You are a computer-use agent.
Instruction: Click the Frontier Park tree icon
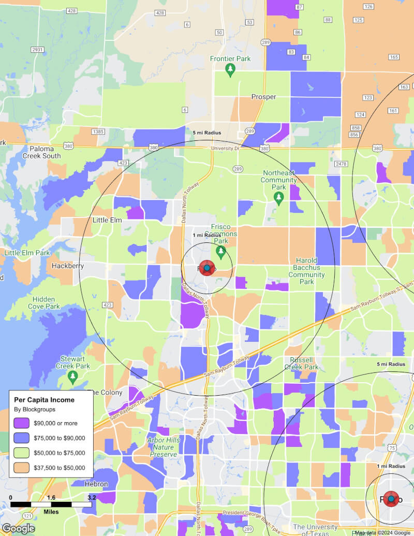[230, 70]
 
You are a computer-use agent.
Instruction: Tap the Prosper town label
[263, 97]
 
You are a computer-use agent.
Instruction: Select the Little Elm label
[107, 220]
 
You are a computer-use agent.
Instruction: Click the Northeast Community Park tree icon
[279, 197]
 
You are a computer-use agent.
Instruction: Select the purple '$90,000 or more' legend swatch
[22, 423]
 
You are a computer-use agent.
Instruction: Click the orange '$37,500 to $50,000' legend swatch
[22, 467]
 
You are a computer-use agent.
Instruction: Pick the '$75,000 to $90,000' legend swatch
[22, 438]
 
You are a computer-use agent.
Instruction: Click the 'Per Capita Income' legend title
[44, 400]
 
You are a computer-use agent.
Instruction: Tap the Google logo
[18, 529]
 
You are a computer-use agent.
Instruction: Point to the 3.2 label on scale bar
[92, 498]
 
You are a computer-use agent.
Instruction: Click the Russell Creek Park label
[301, 363]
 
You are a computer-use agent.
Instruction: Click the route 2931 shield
[37, 50]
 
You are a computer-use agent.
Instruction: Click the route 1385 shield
[97, 132]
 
